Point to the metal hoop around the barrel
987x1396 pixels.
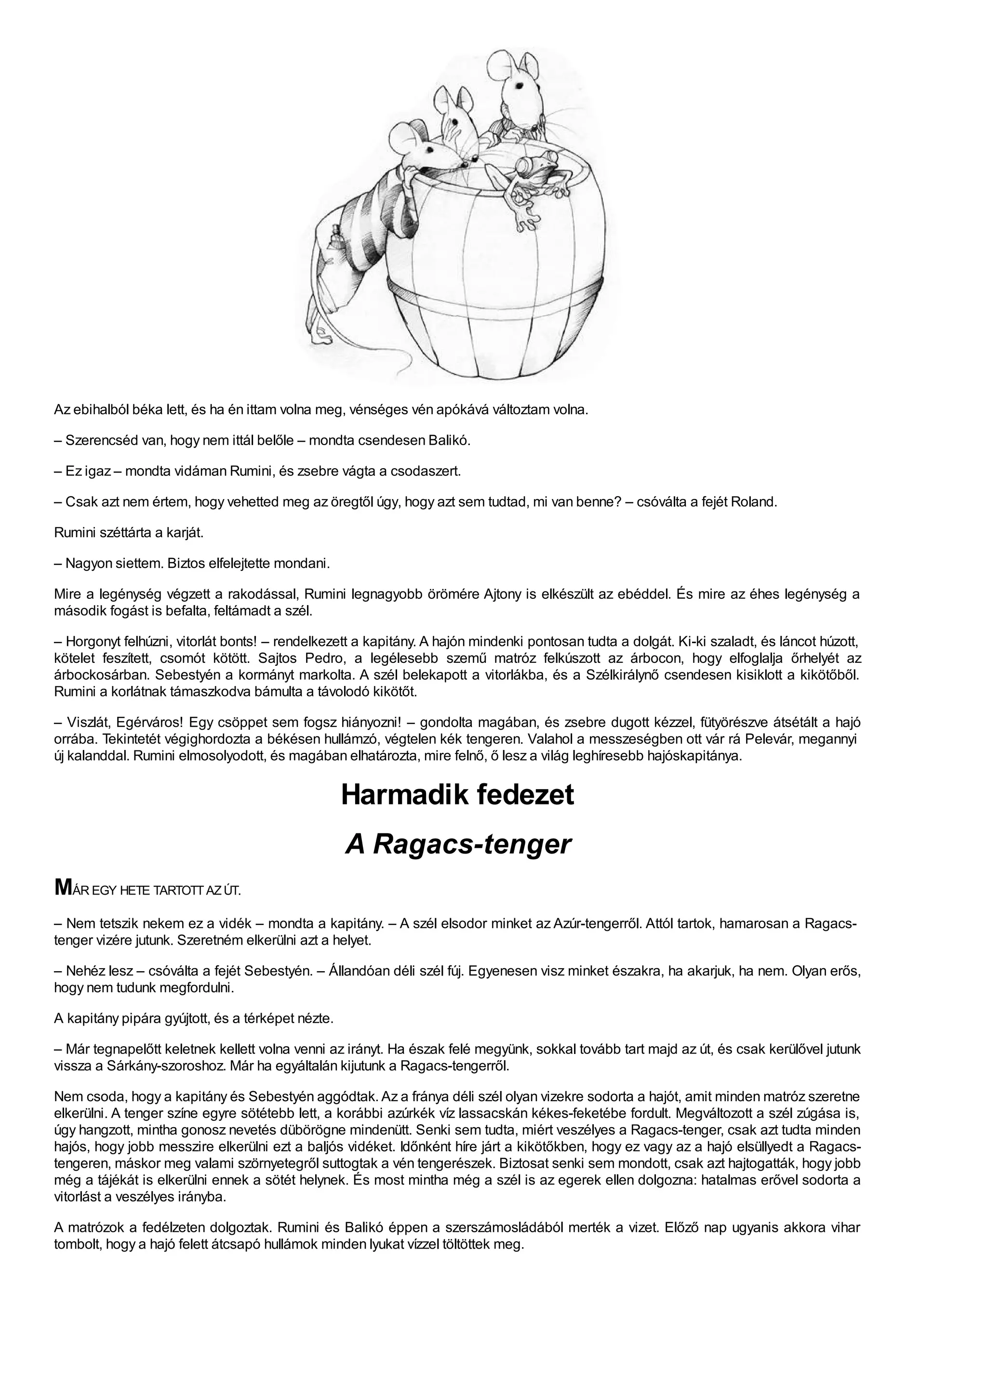click(495, 289)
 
